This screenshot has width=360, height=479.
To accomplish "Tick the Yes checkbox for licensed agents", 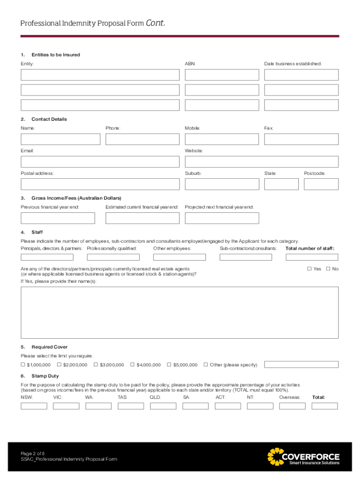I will pyautogui.click(x=309, y=269).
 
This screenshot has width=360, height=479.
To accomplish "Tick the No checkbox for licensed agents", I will pyautogui.click(x=328, y=269).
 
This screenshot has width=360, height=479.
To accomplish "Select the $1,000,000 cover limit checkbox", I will pyautogui.click(x=23, y=364).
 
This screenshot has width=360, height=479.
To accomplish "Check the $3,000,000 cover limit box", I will pyautogui.click(x=96, y=364).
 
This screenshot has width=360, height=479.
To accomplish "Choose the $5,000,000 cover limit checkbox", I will pyautogui.click(x=169, y=364).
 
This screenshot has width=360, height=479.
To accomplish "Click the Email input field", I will pyautogui.click(x=100, y=162).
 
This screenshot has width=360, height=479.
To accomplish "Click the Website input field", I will pyautogui.click(x=261, y=162).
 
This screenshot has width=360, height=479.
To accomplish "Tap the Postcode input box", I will pyautogui.click(x=321, y=184).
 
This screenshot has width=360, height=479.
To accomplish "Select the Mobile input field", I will pyautogui.click(x=222, y=139).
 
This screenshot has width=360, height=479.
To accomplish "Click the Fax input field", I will pyautogui.click(x=301, y=139).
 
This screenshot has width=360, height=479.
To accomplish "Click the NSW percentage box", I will pyautogui.click(x=34, y=406).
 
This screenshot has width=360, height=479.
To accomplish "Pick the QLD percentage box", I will pyautogui.click(x=163, y=406).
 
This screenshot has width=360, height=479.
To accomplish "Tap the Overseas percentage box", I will pyautogui.click(x=292, y=406).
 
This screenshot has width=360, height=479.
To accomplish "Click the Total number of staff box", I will pyautogui.click(x=311, y=257).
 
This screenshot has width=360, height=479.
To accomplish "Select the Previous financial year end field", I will pyautogui.click(x=58, y=218).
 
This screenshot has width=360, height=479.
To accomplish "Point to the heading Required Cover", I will pyautogui.click(x=50, y=347).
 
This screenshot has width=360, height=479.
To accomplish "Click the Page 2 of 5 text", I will pyautogui.click(x=33, y=453).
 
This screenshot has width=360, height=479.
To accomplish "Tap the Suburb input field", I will pyautogui.click(x=222, y=184).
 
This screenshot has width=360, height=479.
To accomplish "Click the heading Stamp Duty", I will pyautogui.click(x=45, y=376).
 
